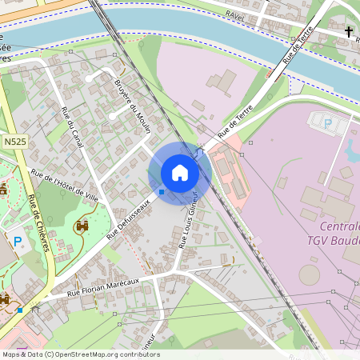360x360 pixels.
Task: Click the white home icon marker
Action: (180, 173)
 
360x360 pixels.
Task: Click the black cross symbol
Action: (349, 31)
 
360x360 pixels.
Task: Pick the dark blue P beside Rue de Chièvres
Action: (18, 240)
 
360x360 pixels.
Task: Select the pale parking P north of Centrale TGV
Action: (327, 124)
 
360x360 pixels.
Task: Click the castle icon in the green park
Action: (82, 226)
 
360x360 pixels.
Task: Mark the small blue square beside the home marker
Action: (162, 191)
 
